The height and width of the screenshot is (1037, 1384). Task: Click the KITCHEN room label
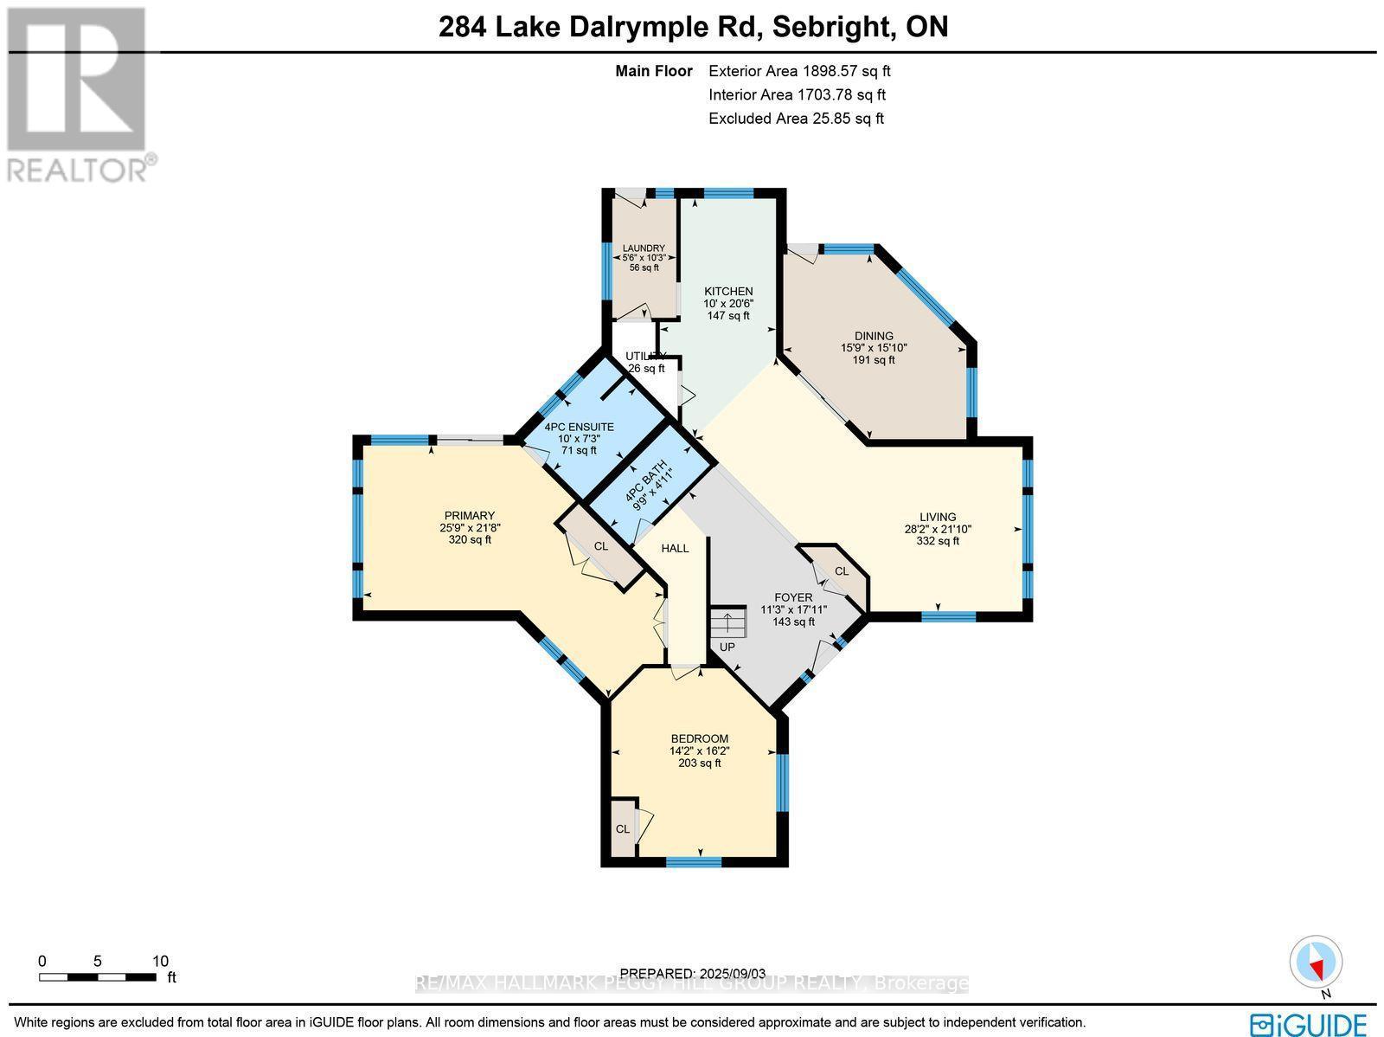coord(727,292)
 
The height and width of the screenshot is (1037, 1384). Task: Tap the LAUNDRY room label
coord(644,248)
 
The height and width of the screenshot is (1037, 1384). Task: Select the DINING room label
coord(873,336)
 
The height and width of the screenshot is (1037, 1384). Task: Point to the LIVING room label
coord(938,517)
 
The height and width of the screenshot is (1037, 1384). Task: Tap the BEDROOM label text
coord(699,738)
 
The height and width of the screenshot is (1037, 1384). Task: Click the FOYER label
coord(793,597)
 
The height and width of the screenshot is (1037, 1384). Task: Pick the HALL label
coord(675,548)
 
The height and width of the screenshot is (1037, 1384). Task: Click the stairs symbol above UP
coord(727,622)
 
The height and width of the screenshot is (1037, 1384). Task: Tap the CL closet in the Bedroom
coord(622,828)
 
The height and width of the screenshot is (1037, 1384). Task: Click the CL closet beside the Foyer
coord(841,571)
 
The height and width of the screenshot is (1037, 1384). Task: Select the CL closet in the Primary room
coord(600,546)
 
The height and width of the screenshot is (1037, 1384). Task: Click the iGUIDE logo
coord(1311,1024)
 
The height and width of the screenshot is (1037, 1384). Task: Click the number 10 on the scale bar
coord(160,961)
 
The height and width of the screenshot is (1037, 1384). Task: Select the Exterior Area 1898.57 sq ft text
coord(799,72)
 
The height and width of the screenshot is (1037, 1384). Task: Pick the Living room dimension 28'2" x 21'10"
coord(938,529)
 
